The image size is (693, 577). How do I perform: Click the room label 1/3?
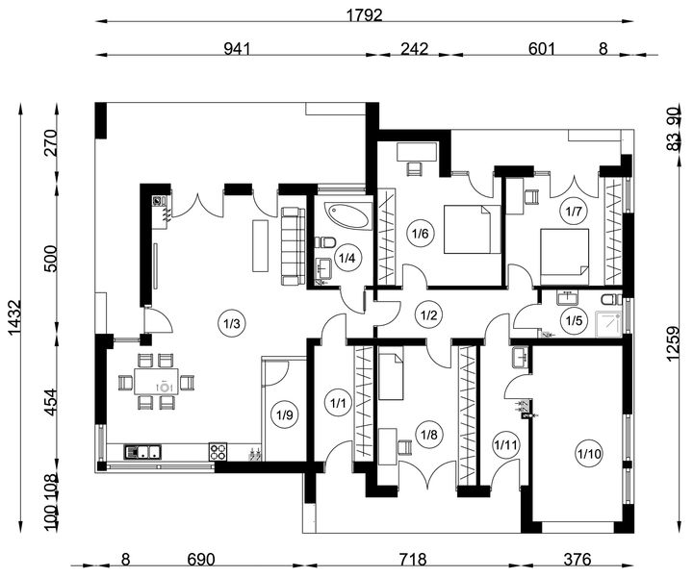click(232, 324)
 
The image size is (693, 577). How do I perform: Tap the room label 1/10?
click(590, 453)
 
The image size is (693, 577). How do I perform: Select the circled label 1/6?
click(421, 233)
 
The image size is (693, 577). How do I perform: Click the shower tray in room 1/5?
click(608, 322)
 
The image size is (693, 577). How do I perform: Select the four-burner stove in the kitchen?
click(218, 452)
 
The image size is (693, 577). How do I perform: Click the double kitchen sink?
click(143, 452)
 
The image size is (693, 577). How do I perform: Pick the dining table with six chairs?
click(156, 382)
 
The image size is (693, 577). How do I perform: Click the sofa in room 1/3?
click(293, 246)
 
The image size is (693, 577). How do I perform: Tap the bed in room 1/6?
click(472, 229)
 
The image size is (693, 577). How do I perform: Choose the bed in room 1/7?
click(564, 257)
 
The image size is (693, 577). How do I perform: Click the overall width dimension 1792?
click(364, 15)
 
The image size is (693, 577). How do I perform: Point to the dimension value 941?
click(238, 48)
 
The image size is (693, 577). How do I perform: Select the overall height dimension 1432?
click(14, 317)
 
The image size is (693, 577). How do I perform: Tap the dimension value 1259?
click(673, 344)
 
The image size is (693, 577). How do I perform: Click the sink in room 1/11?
click(520, 357)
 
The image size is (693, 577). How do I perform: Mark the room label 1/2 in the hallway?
click(428, 315)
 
